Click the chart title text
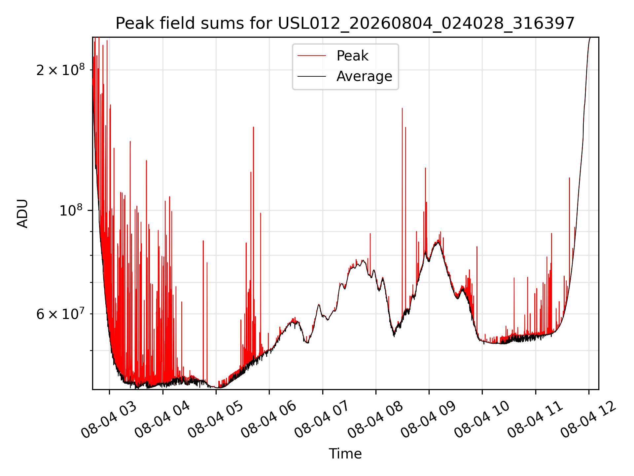pyautogui.click(x=345, y=23)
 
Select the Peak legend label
pyautogui.click(x=352, y=56)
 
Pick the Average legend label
pyautogui.click(x=364, y=76)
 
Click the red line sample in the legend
pyautogui.click(x=312, y=56)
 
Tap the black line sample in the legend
pyautogui.click(x=312, y=76)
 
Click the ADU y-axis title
pyautogui.click(x=22, y=213)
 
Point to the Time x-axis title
pyautogui.click(x=345, y=454)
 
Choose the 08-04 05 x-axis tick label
pyautogui.click(x=215, y=419)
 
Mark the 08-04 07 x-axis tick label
pyautogui.click(x=322, y=419)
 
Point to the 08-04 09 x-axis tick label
pyautogui.click(x=428, y=419)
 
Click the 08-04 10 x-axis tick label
pyautogui.click(x=482, y=419)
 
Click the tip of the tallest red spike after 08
pyautogui.click(x=402, y=108)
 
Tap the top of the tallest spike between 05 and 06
pyautogui.click(x=253, y=127)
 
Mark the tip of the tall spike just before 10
pyautogui.click(x=477, y=247)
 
